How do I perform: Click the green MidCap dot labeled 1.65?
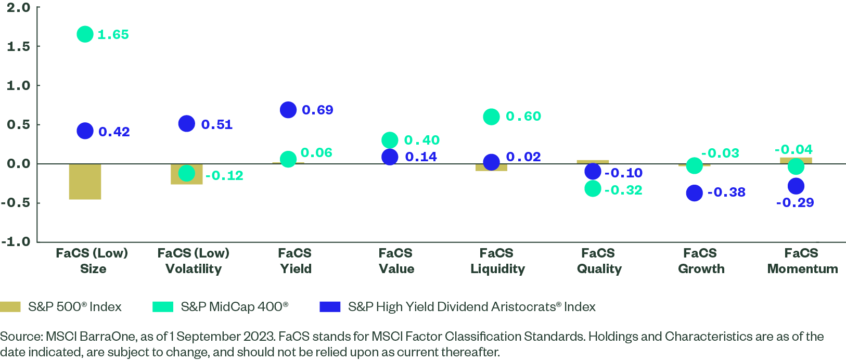coord(85,34)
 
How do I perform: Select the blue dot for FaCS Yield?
coord(288,110)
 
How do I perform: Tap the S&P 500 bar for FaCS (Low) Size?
coord(85,182)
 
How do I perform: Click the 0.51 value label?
coord(216,125)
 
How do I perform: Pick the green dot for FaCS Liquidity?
coord(491,117)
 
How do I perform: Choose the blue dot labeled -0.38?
coord(694,193)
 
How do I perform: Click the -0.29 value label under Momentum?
coord(794,203)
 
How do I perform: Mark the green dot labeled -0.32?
coord(593,188)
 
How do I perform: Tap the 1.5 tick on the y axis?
coord(18,46)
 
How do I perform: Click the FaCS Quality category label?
coord(599,261)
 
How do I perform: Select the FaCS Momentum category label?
coord(802,261)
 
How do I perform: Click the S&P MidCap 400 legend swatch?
coord(163,306)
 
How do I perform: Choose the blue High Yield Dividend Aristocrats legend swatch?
coord(330,306)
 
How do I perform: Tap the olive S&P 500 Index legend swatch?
coord(10,306)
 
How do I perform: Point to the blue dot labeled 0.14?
coord(390,157)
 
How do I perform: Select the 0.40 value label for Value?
coord(421,140)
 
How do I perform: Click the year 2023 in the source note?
coord(259,337)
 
